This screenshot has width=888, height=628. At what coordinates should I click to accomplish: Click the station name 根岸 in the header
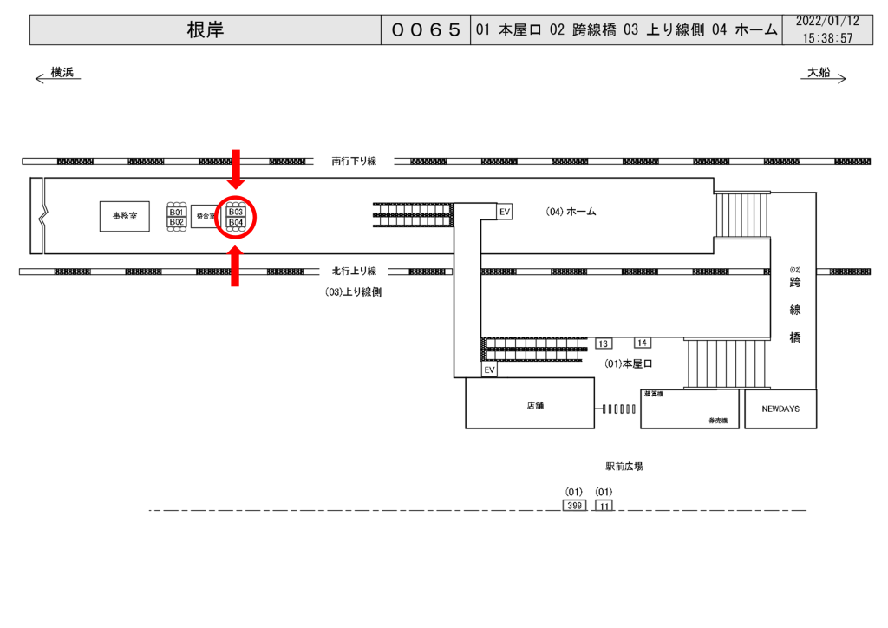205,30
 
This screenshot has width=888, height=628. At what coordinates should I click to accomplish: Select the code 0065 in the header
425,30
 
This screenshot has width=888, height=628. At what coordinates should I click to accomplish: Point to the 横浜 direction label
62,72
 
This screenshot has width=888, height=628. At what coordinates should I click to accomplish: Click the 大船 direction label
819,72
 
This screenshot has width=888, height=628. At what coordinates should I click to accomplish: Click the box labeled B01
177,212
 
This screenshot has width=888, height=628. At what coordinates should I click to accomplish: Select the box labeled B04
236,223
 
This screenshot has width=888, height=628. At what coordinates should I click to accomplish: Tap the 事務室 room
125,214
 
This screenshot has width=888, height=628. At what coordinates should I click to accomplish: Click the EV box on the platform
504,211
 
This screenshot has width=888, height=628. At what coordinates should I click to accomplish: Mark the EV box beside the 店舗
490,370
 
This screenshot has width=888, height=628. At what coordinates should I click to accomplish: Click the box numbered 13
604,343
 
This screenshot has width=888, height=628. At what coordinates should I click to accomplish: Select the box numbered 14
643,343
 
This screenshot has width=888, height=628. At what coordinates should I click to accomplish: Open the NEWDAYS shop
780,408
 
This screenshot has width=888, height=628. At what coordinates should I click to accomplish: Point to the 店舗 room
530,405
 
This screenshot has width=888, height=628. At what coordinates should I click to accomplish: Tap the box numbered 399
573,505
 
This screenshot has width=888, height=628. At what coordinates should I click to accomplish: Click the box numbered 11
604,505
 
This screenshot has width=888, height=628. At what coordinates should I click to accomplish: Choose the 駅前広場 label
624,467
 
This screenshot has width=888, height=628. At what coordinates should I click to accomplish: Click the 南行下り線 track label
354,160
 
